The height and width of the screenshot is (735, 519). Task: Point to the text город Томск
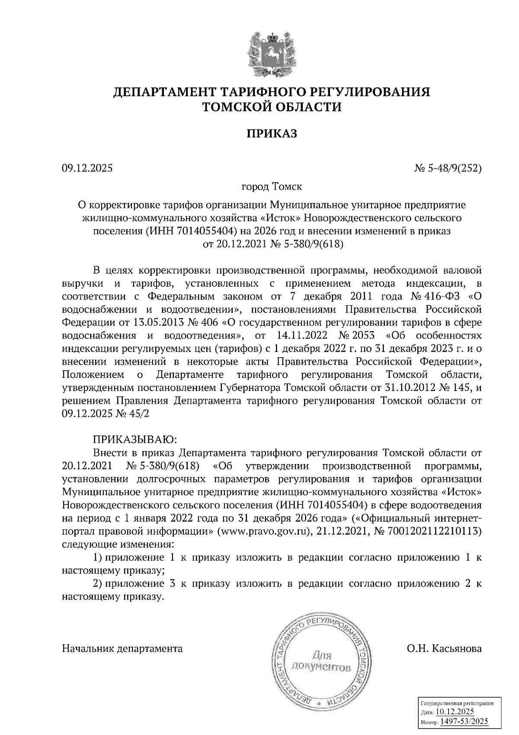point(272,187)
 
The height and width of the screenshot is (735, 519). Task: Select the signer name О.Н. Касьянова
point(444,648)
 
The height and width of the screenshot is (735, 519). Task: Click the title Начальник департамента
point(122,648)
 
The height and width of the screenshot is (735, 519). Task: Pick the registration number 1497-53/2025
point(461,721)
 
